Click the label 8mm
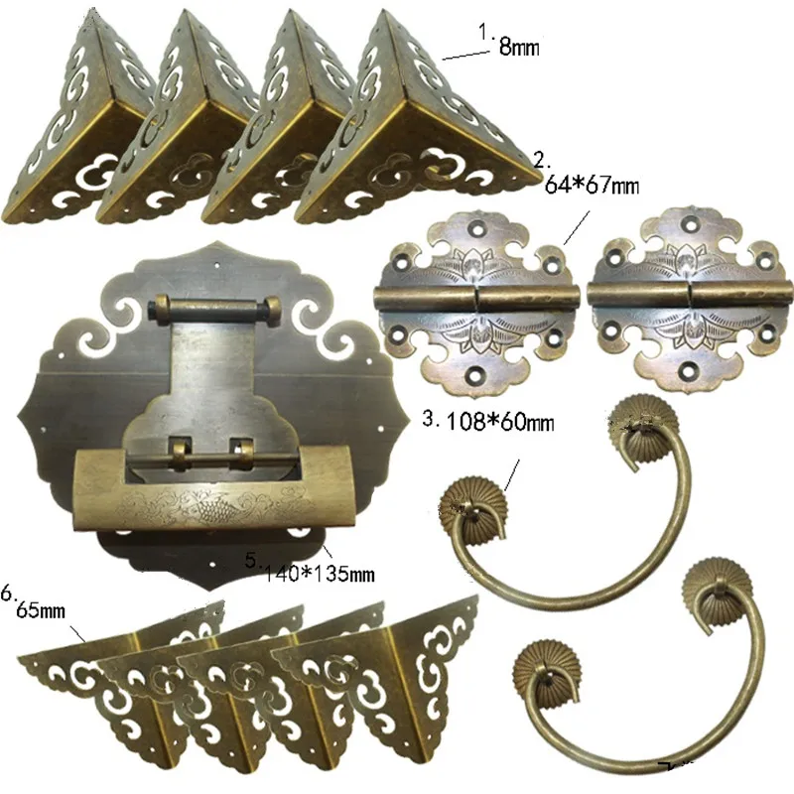pyautogui.click(x=519, y=46)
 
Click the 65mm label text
pyautogui.click(x=42, y=609)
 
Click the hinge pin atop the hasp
pyautogui.click(x=213, y=310)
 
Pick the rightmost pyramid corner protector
pyautogui.click(x=417, y=129)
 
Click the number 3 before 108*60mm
pyautogui.click(x=429, y=420)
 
